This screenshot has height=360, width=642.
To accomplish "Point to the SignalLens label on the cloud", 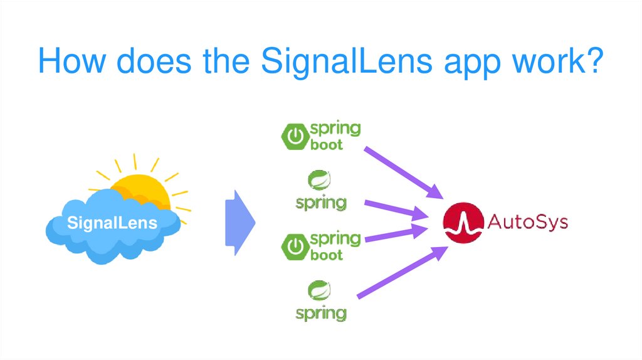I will pos(112,223).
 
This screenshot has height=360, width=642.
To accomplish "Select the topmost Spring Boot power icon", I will pos(295,137).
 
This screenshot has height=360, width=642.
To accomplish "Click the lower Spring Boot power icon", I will pos(295,247).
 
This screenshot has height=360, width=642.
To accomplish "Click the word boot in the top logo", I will pos(327,145).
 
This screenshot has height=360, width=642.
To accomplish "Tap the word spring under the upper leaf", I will pos(320,203).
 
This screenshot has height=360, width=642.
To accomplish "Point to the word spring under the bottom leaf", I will pos(320,312).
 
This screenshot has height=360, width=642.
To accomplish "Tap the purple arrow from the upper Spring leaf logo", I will pos(395,208).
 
